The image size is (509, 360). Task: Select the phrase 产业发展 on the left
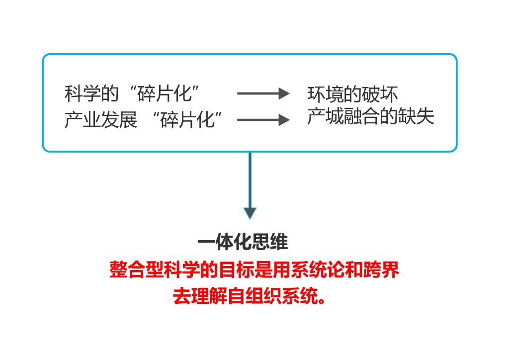100,120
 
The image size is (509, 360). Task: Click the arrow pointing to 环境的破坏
263,93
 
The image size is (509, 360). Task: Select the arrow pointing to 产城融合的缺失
263,120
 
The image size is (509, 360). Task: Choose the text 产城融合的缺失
370,116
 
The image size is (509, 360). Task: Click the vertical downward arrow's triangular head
250,213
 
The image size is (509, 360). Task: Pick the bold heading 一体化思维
243,243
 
